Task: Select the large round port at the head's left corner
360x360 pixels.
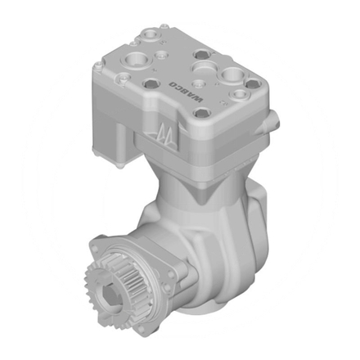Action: coord(131,61)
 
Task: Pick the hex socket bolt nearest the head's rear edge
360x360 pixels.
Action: coord(154,34)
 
